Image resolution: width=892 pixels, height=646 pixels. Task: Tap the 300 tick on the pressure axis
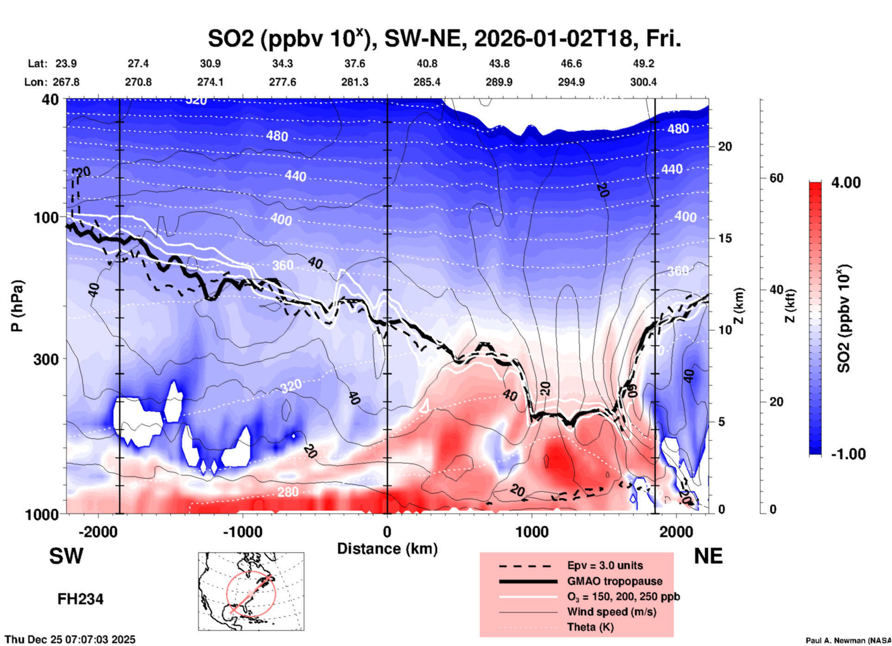[46, 359]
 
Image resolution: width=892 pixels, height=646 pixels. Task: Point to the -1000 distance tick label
[242, 532]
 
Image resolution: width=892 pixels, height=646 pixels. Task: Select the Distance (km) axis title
[387, 549]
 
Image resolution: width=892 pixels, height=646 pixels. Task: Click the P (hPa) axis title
[17, 306]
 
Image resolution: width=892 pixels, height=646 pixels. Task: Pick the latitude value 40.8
[427, 63]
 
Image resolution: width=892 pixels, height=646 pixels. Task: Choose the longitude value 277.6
[283, 82]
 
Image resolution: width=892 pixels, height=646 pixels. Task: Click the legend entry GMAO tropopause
[615, 581]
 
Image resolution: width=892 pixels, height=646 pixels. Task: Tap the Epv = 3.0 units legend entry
[605, 565]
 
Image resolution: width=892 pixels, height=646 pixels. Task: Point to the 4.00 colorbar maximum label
[846, 183]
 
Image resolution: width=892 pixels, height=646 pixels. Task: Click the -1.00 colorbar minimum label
[848, 454]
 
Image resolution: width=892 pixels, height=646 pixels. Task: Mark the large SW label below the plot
[66, 556]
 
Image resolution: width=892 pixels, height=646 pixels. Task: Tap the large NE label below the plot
[708, 556]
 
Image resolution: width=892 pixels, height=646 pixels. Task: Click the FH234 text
[80, 599]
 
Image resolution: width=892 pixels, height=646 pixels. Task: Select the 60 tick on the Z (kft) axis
[776, 178]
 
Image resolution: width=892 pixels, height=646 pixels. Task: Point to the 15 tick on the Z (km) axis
[725, 238]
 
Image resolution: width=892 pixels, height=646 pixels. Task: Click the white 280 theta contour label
[288, 492]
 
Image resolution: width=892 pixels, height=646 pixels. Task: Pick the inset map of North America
[251, 591]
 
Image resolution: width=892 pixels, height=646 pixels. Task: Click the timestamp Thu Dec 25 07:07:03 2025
[70, 640]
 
